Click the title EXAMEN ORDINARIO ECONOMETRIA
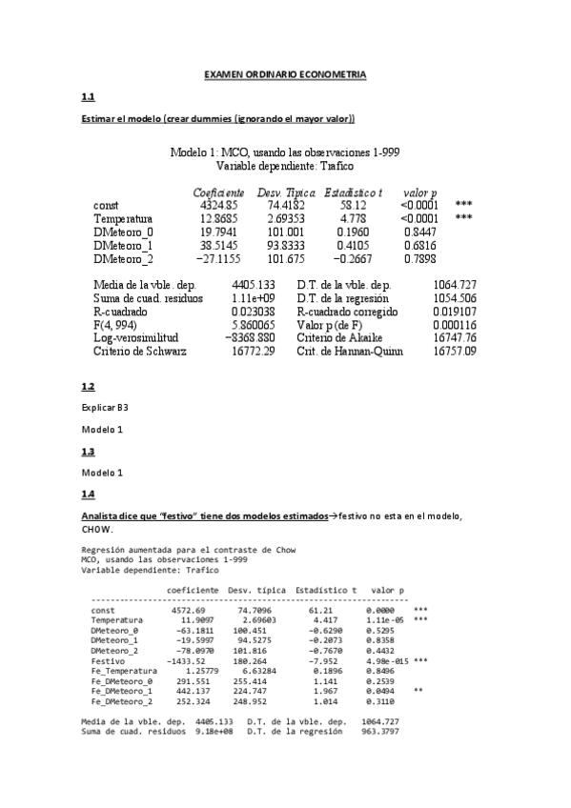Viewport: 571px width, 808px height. click(286, 74)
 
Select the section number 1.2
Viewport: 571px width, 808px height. click(89, 386)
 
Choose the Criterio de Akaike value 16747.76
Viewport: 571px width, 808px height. click(455, 337)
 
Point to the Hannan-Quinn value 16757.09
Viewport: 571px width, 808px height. click(455, 351)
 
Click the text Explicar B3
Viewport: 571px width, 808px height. click(105, 407)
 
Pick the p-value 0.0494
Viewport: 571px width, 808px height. click(379, 692)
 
